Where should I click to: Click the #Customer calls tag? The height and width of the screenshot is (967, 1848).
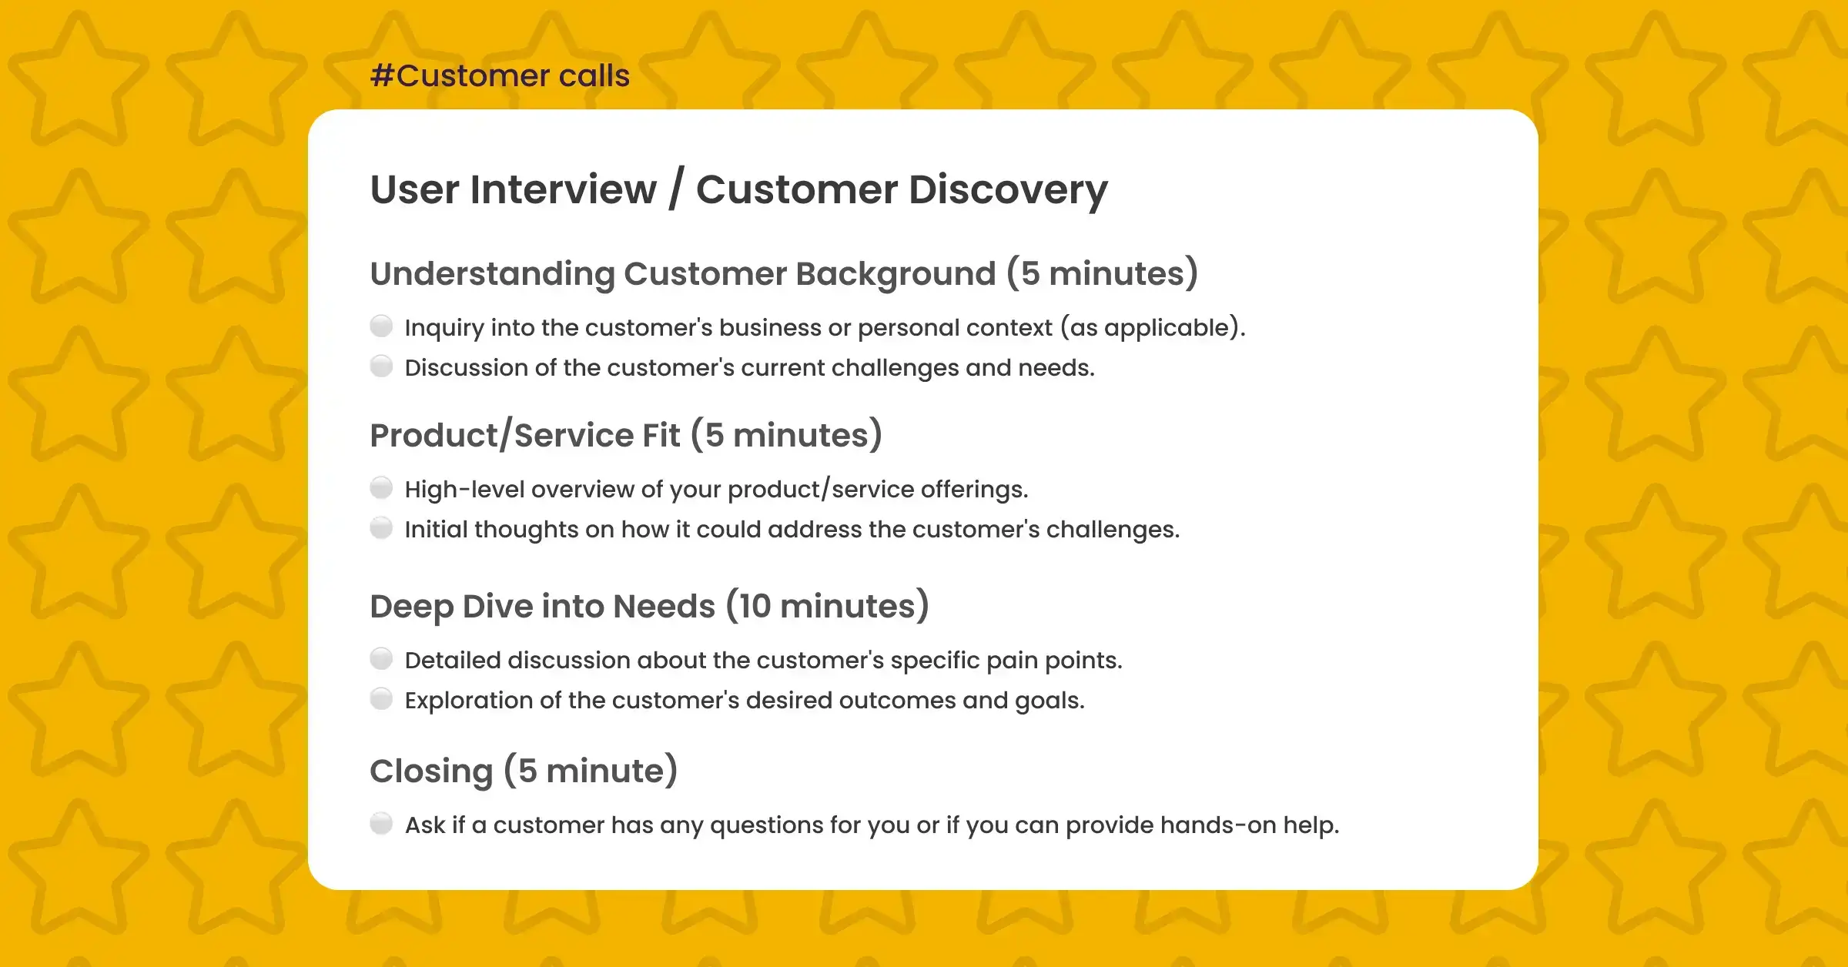[500, 75]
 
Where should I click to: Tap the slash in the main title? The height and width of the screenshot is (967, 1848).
[675, 189]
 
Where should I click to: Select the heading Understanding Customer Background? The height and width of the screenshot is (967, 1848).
[683, 273]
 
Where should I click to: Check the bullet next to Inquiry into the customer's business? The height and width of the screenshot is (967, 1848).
[381, 326]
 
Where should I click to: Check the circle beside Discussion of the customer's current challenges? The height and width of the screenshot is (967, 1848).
[381, 366]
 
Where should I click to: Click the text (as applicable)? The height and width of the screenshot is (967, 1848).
[1152, 328]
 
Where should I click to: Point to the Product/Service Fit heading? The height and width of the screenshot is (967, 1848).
[525, 435]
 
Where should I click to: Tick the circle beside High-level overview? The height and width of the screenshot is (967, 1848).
[381, 488]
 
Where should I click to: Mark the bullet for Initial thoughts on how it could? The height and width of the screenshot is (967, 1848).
[381, 528]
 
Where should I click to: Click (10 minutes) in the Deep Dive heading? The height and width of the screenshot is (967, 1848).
[828, 606]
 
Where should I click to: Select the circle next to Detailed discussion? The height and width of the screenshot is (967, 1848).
[381, 659]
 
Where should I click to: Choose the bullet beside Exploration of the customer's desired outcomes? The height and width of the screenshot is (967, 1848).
[381, 699]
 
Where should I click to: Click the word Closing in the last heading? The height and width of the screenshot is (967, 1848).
[431, 771]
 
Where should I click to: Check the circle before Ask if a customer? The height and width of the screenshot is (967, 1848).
[381, 824]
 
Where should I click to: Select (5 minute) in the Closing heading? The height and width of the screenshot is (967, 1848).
[591, 771]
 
